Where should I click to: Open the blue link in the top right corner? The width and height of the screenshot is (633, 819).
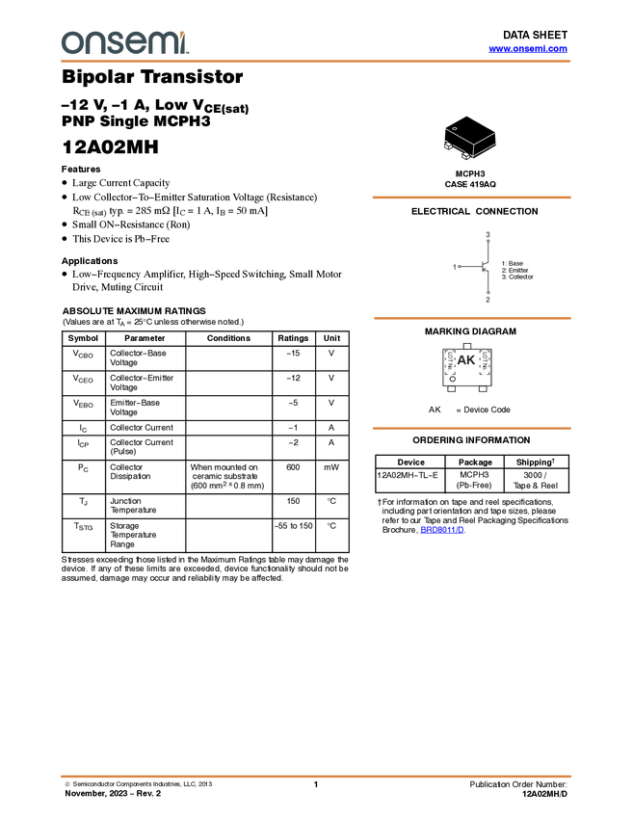(x=528, y=48)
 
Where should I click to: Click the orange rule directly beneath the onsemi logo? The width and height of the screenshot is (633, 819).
(x=316, y=62)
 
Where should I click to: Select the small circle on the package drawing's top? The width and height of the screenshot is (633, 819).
(x=455, y=128)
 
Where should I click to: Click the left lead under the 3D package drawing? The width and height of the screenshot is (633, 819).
(x=449, y=145)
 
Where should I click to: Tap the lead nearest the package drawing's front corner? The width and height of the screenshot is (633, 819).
(x=466, y=155)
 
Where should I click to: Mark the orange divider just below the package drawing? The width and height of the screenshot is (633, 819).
(x=471, y=198)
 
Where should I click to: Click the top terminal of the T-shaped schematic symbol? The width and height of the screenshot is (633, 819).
(x=488, y=234)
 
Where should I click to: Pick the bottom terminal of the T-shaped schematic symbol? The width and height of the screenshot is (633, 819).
(x=488, y=298)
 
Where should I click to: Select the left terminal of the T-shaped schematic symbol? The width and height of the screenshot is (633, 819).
(x=455, y=266)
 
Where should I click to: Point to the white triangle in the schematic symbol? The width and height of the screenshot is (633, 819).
(x=488, y=266)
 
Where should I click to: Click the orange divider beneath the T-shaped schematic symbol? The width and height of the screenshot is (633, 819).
(x=471, y=317)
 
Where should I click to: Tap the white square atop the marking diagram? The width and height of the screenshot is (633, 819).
(x=467, y=345)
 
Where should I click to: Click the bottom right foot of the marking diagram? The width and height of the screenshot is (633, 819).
(x=485, y=388)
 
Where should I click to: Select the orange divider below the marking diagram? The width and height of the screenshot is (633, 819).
(x=471, y=428)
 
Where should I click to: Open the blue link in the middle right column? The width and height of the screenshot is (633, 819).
(x=441, y=529)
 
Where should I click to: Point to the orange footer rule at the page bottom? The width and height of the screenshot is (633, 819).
(x=316, y=776)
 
